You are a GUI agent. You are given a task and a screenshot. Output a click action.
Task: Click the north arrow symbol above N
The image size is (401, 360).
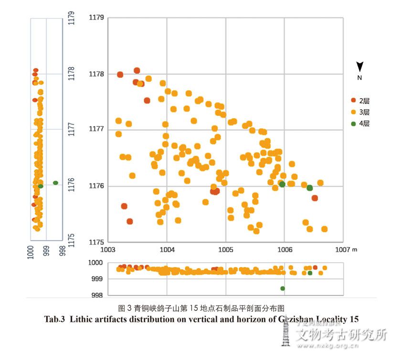[360, 67]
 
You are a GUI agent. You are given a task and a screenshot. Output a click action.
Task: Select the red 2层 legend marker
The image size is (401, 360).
[354, 100]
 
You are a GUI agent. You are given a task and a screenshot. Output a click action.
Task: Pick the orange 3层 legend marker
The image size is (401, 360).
[354, 112]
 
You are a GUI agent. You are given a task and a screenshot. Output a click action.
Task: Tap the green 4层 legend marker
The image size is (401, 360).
[354, 123]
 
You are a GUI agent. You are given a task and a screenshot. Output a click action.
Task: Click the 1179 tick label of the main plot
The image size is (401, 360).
[96, 18]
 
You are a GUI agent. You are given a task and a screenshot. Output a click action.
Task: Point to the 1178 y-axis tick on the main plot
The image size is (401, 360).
[96, 74]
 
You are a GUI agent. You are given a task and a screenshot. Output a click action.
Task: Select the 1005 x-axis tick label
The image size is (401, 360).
[225, 249]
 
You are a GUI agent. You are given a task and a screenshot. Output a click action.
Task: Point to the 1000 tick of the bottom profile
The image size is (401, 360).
[95, 263]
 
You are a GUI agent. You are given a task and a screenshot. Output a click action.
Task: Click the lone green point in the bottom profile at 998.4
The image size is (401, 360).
[283, 288]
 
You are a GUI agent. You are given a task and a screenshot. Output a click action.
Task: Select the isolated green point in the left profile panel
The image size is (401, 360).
[55, 183]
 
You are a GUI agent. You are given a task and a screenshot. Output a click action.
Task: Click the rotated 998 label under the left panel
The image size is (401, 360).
[62, 251]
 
